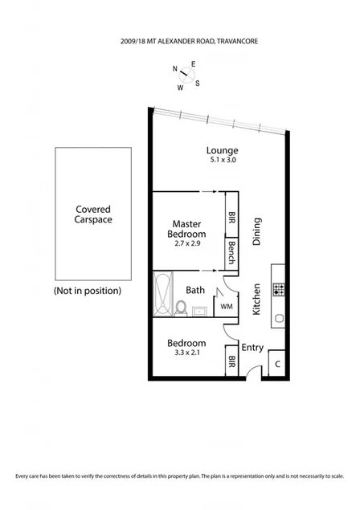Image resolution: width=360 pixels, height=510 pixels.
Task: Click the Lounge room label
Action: (222, 150)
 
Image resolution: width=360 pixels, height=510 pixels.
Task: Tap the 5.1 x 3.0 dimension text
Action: (222, 161)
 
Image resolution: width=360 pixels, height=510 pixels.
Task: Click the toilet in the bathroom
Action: (182, 308)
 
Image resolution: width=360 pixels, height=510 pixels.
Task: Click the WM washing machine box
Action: (227, 305)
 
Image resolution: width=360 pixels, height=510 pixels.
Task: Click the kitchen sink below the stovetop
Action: (279, 318)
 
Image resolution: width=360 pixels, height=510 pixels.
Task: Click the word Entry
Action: (252, 347)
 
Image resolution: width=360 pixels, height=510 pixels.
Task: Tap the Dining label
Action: (258, 233)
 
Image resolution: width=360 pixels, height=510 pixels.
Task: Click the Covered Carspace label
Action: (88, 212)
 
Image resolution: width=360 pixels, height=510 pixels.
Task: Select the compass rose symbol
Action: (190, 75)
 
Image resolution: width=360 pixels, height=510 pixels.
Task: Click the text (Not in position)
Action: (88, 289)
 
